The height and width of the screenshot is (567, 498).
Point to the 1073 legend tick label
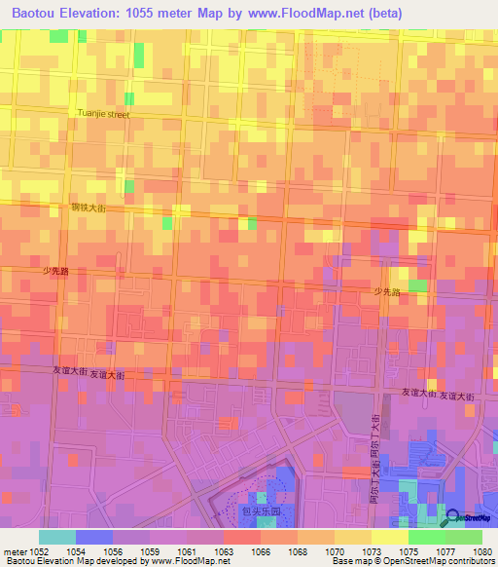[x=372, y=551]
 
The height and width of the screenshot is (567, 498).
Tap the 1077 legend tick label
[x=445, y=551]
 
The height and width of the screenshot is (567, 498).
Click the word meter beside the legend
[x=14, y=551]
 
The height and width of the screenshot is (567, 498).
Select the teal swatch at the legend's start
[x=57, y=537]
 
